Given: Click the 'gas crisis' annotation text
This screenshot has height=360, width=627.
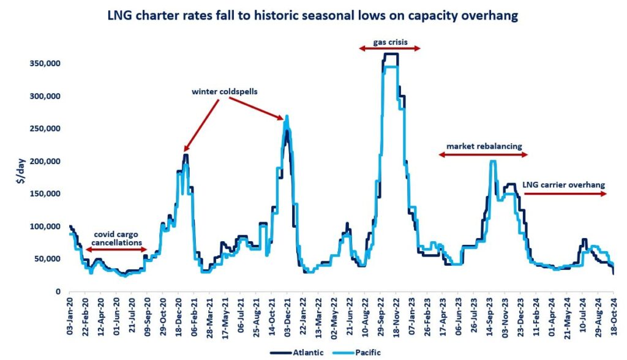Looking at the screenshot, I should (x=389, y=43).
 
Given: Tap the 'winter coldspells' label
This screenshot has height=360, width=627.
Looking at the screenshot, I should (x=225, y=91).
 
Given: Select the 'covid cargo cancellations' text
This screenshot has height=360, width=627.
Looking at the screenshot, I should (x=116, y=238).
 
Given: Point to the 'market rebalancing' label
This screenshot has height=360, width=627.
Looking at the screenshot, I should (x=484, y=147).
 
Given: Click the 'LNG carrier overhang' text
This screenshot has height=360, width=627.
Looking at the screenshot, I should (x=564, y=184).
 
